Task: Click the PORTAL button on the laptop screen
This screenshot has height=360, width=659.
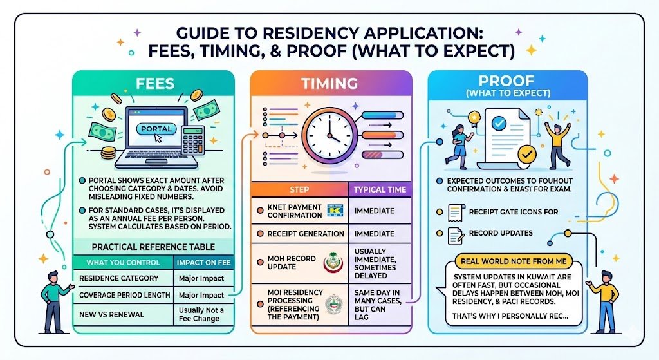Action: point(154,129)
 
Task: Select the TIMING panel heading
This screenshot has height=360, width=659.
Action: point(329,83)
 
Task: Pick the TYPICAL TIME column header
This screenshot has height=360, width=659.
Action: point(380,190)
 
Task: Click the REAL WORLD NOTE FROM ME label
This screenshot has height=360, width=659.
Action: point(506,261)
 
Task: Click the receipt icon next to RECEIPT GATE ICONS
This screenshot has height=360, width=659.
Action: point(454,211)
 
